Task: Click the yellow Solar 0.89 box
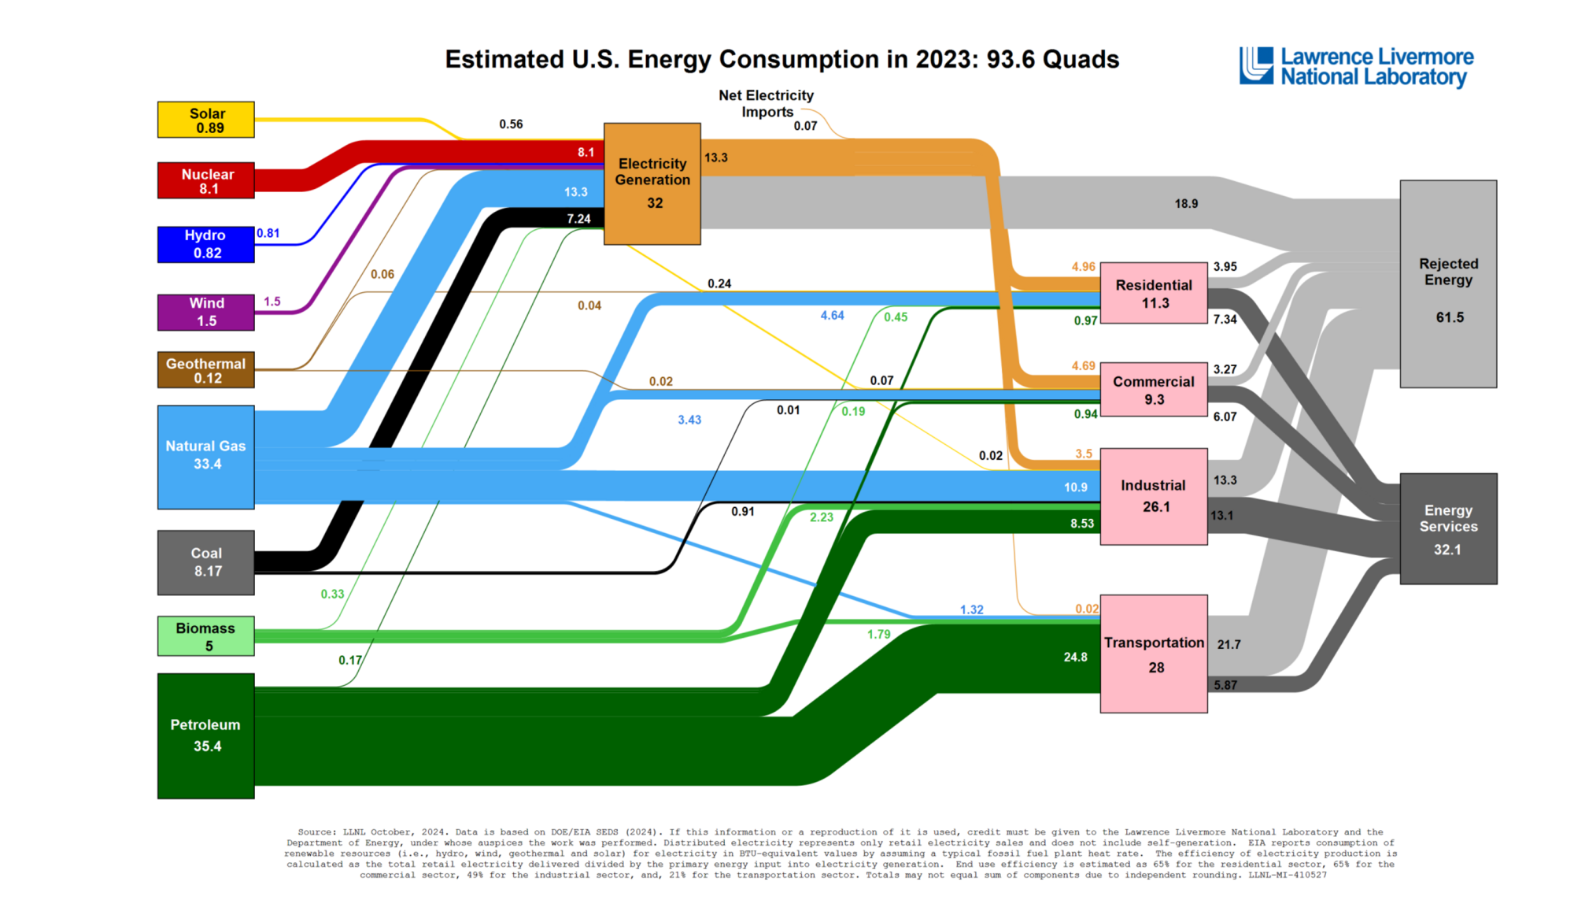click(x=205, y=120)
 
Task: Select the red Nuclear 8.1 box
click(x=205, y=180)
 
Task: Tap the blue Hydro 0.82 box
click(x=205, y=244)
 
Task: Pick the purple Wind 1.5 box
click(x=205, y=312)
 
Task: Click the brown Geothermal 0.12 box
click(x=205, y=370)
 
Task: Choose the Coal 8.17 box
click(x=205, y=562)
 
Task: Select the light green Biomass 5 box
click(x=205, y=636)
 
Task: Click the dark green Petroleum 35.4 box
click(x=205, y=735)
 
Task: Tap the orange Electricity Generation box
click(x=652, y=183)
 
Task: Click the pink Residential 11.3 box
click(x=1153, y=293)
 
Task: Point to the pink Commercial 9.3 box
click(x=1153, y=389)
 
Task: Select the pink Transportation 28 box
click(x=1153, y=654)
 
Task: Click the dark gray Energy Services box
click(x=1448, y=528)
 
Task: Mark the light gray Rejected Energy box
click(x=1448, y=283)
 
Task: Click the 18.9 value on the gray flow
click(x=1186, y=204)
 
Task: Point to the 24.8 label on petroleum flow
click(x=1075, y=657)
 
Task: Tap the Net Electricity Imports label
click(x=766, y=103)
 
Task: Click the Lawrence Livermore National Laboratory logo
click(x=1356, y=67)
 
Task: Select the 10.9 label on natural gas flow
click(x=1075, y=487)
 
